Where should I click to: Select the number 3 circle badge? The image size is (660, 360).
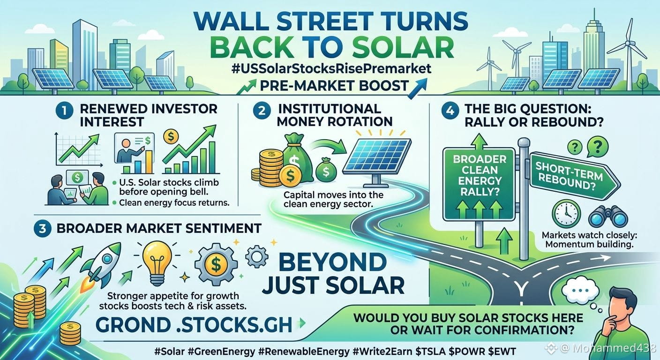(x=43, y=229)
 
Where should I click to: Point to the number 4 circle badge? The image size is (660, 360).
(x=450, y=111)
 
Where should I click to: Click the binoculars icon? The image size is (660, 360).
(x=607, y=217)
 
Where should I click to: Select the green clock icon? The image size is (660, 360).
(x=566, y=214)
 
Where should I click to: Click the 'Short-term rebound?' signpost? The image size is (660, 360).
(x=574, y=176)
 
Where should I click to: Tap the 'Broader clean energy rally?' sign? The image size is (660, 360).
(x=479, y=184)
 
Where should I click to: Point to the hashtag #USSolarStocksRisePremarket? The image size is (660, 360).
(x=331, y=68)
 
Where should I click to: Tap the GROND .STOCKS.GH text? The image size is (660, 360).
(x=194, y=325)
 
